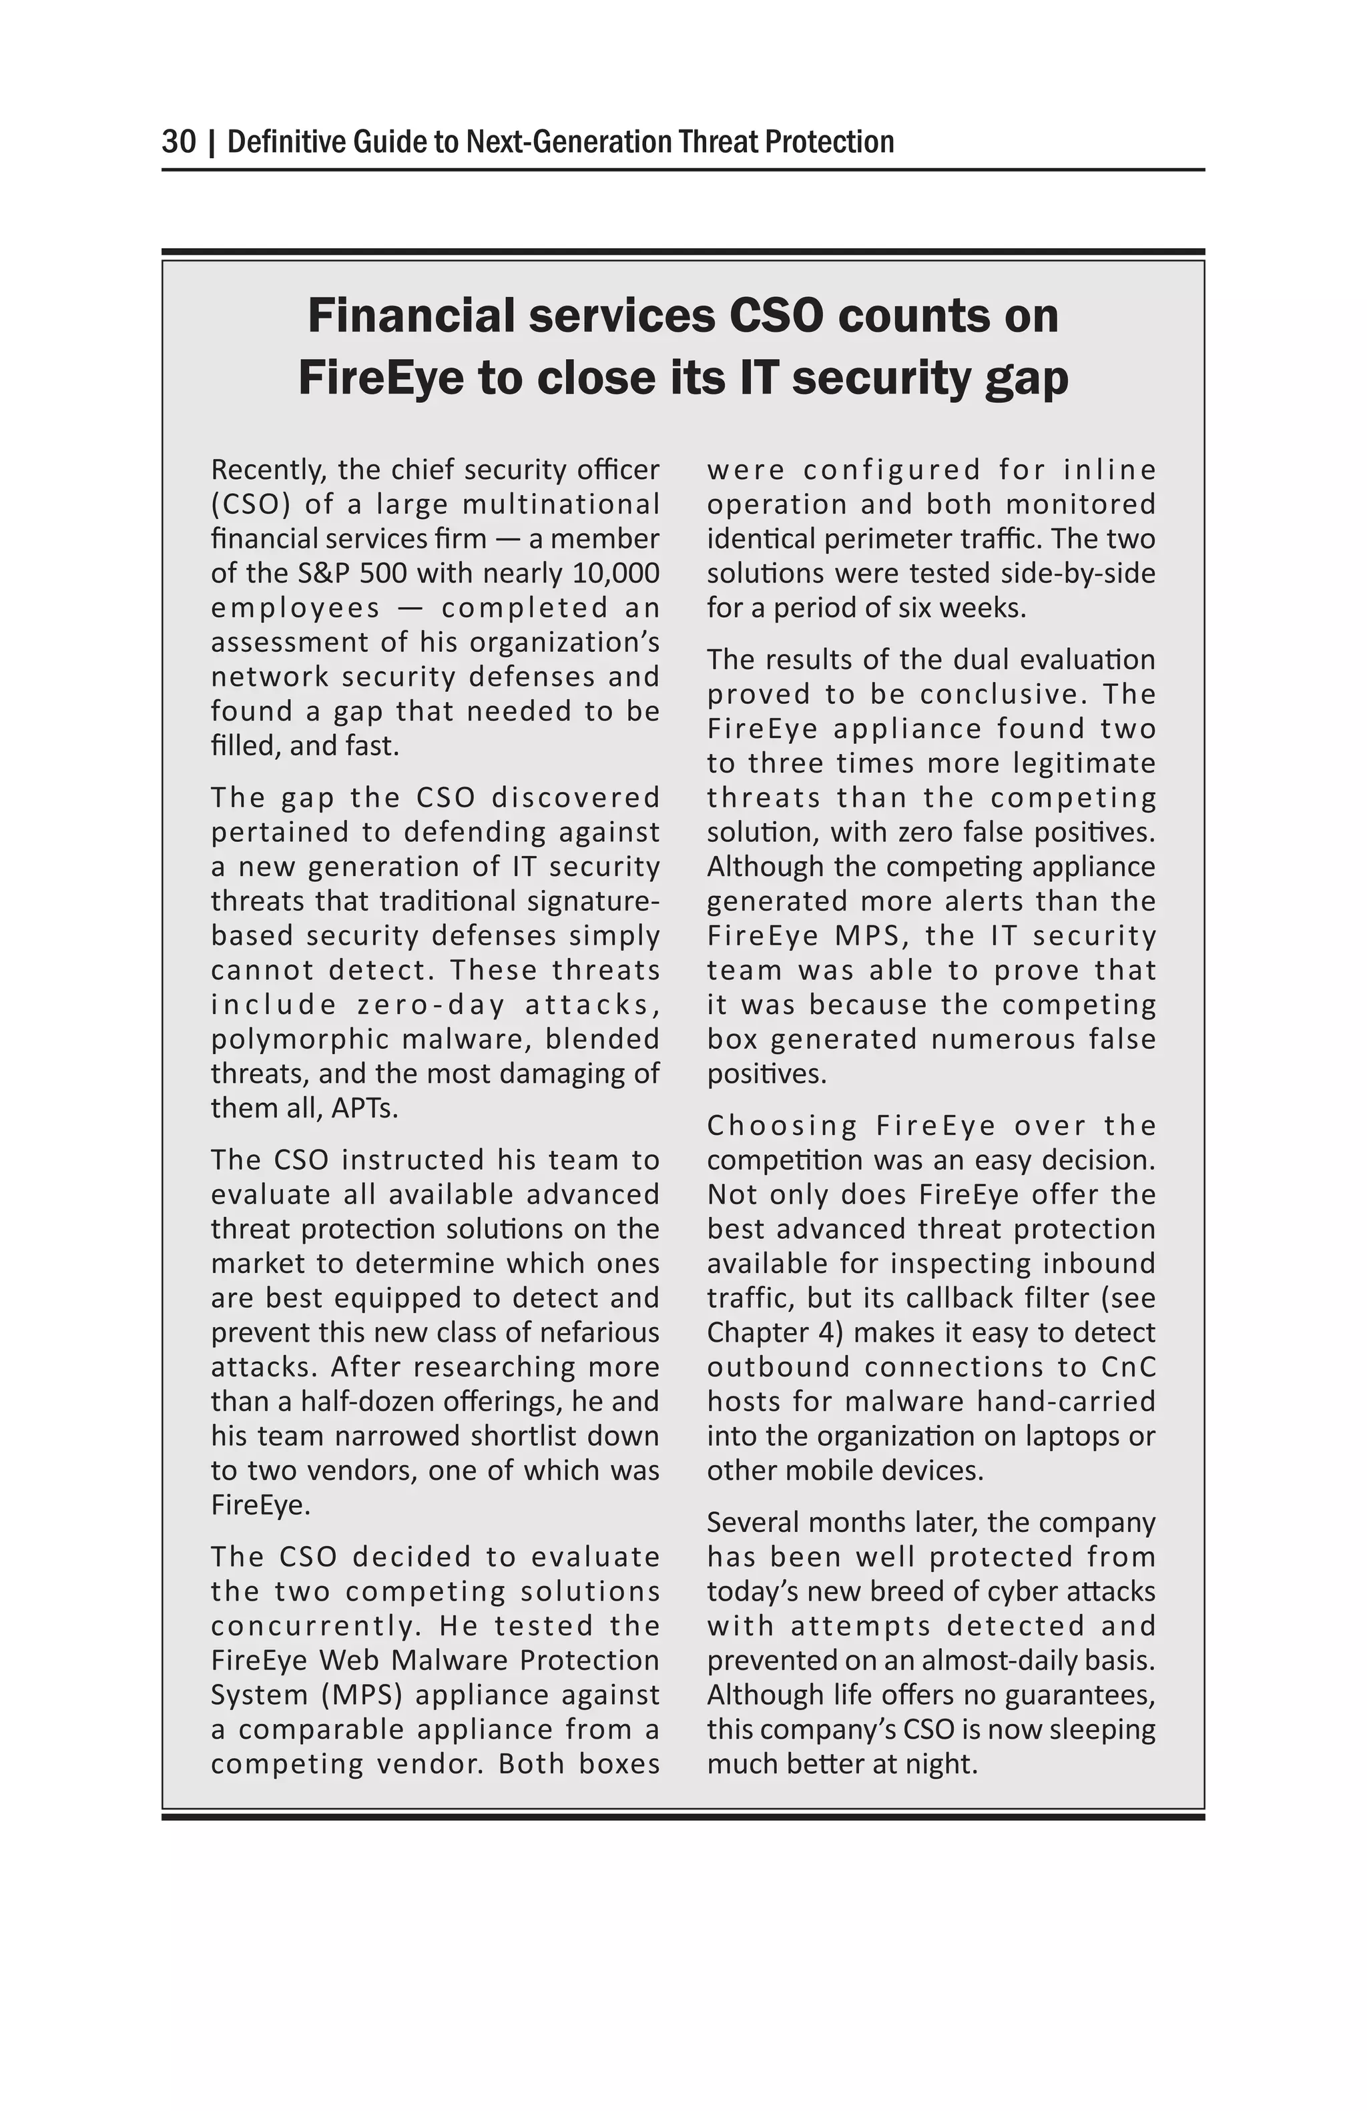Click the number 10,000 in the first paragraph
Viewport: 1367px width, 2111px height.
point(615,573)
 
